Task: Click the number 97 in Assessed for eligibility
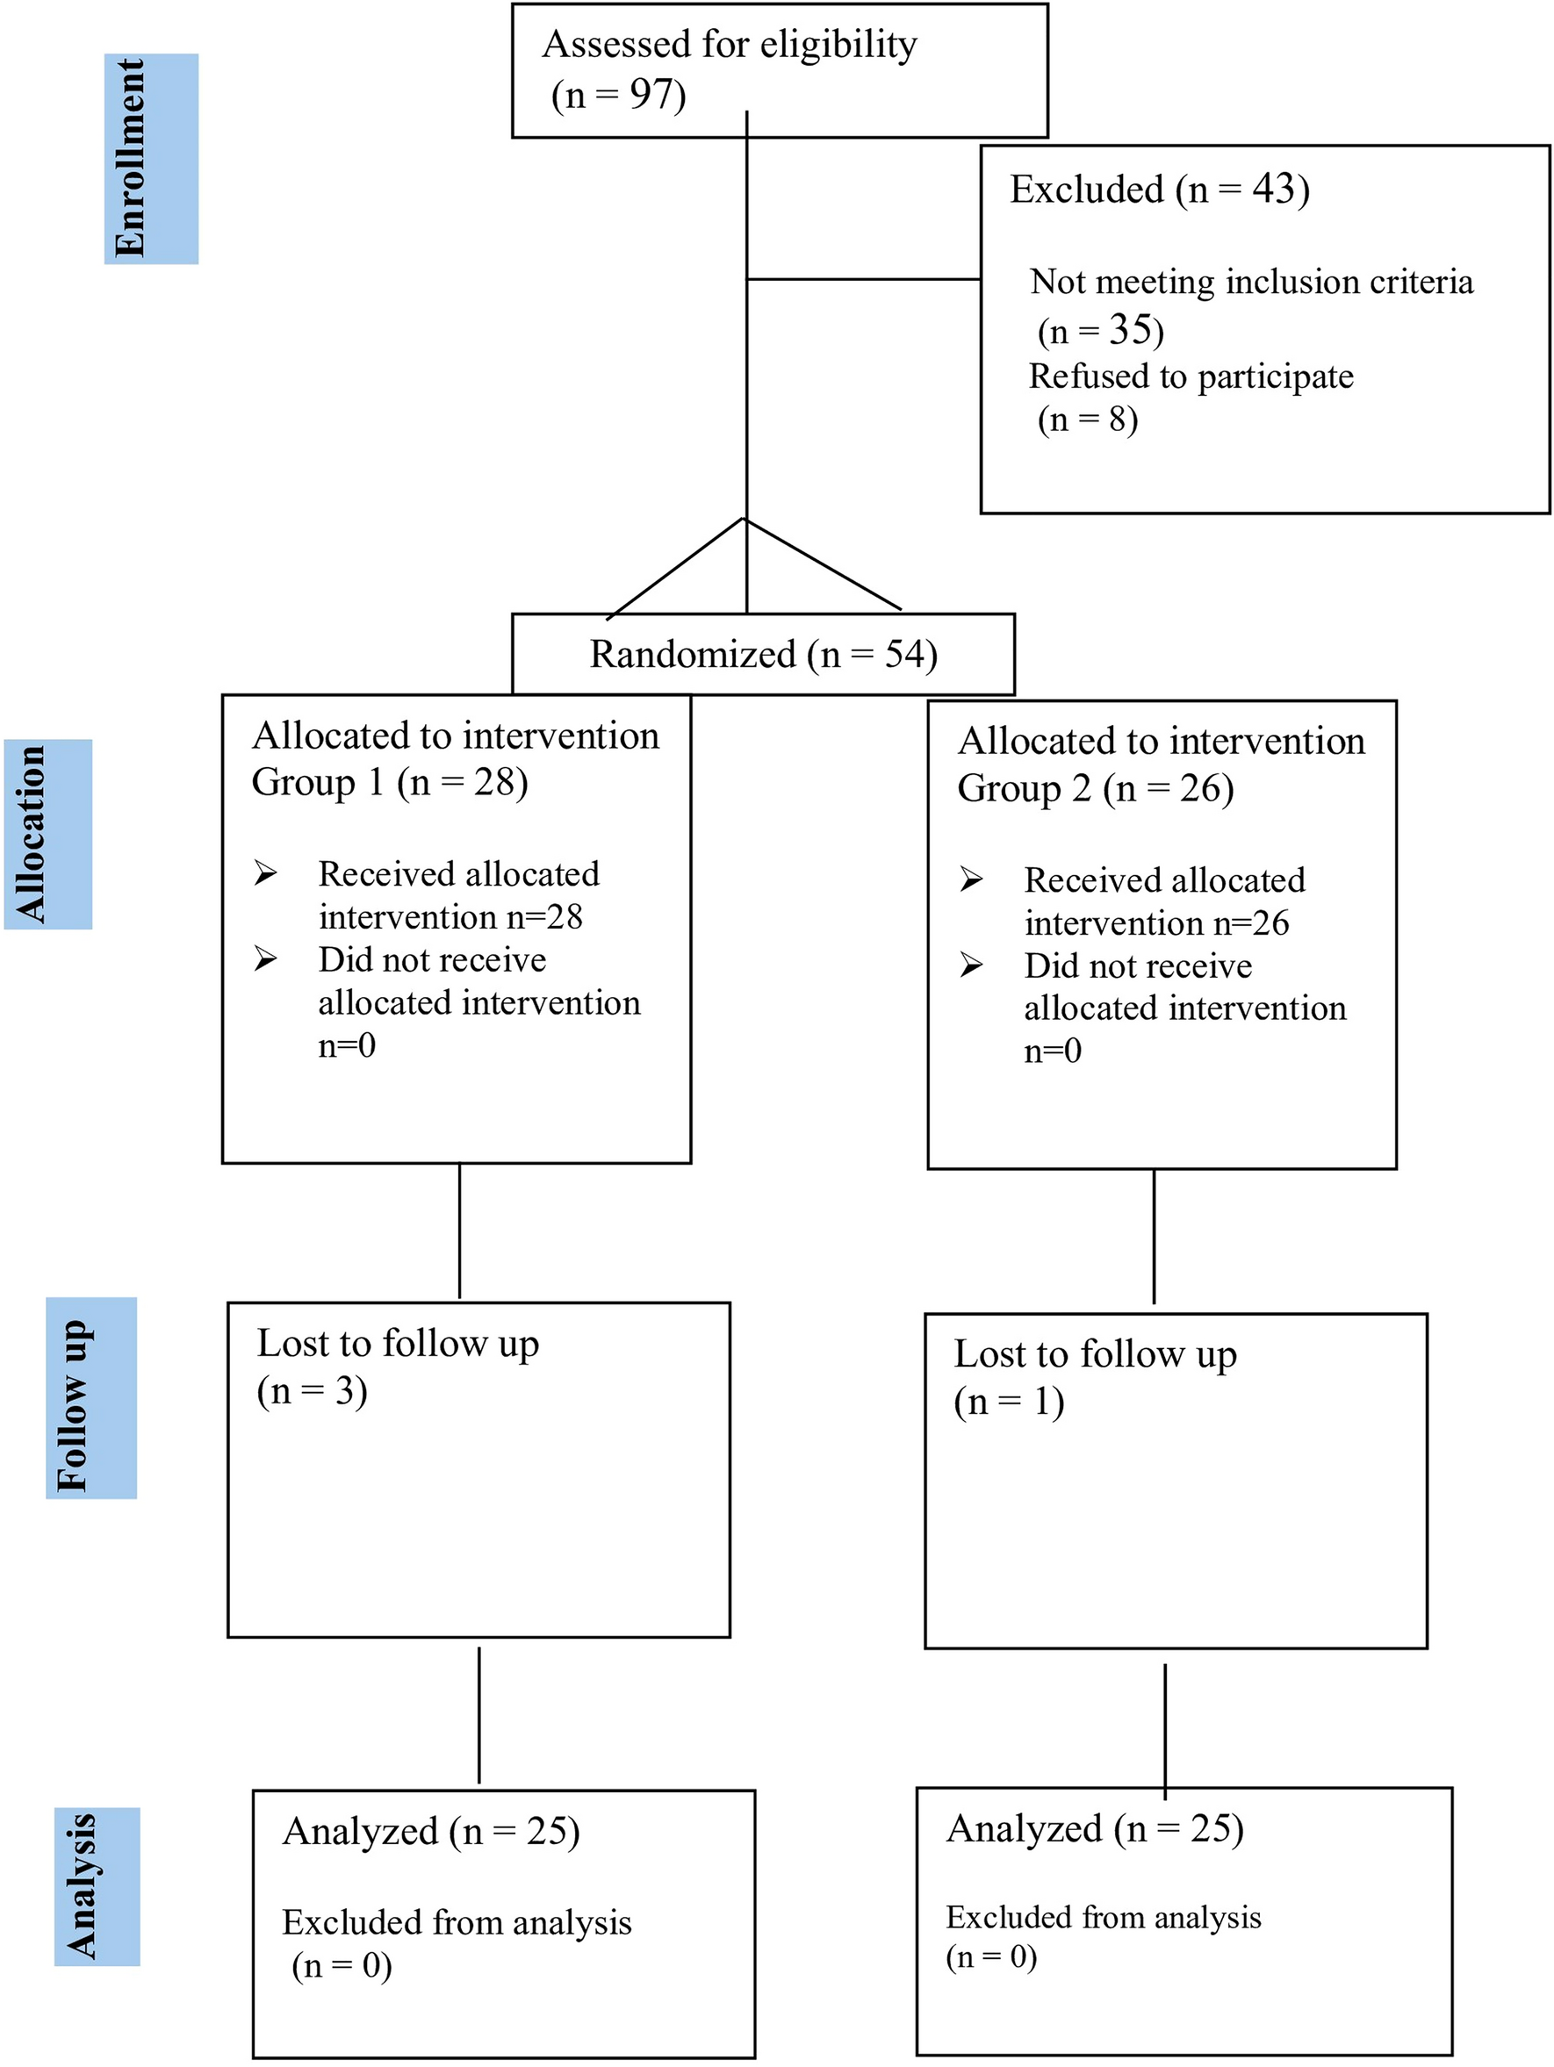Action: point(651,95)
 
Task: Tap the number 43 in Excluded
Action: point(1278,189)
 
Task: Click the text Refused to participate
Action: point(1190,376)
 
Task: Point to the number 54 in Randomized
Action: point(903,654)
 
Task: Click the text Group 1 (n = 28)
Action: point(389,782)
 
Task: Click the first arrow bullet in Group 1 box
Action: point(265,873)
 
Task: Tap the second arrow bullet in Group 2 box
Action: point(971,965)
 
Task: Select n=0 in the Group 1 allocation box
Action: point(347,1044)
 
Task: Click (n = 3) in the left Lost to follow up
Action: point(311,1391)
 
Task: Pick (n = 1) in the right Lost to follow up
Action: point(1008,1402)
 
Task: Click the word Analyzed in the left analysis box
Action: point(360,1832)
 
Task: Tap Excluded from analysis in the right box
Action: point(1103,1918)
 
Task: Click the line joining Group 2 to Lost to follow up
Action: point(1153,1235)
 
